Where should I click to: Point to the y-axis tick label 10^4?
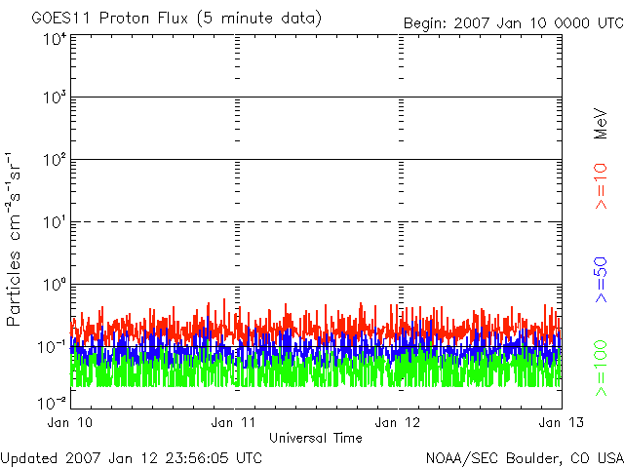[x=55, y=40]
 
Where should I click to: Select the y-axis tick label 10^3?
[x=55, y=97]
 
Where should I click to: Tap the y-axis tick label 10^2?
[x=55, y=160]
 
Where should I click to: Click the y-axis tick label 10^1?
[x=55, y=222]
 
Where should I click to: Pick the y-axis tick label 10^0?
[x=55, y=285]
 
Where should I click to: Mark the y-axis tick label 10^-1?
[x=52, y=347]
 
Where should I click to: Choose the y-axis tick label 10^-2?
[x=52, y=403]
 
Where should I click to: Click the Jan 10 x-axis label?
[x=70, y=422]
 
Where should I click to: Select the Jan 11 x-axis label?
[x=234, y=422]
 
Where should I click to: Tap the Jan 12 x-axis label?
[x=398, y=422]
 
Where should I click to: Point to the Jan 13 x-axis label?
[x=562, y=422]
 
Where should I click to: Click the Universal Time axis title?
[x=316, y=438]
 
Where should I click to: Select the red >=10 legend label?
[x=601, y=186]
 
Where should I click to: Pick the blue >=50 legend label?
[x=601, y=280]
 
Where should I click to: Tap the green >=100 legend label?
[x=601, y=369]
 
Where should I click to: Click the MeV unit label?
[x=601, y=124]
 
